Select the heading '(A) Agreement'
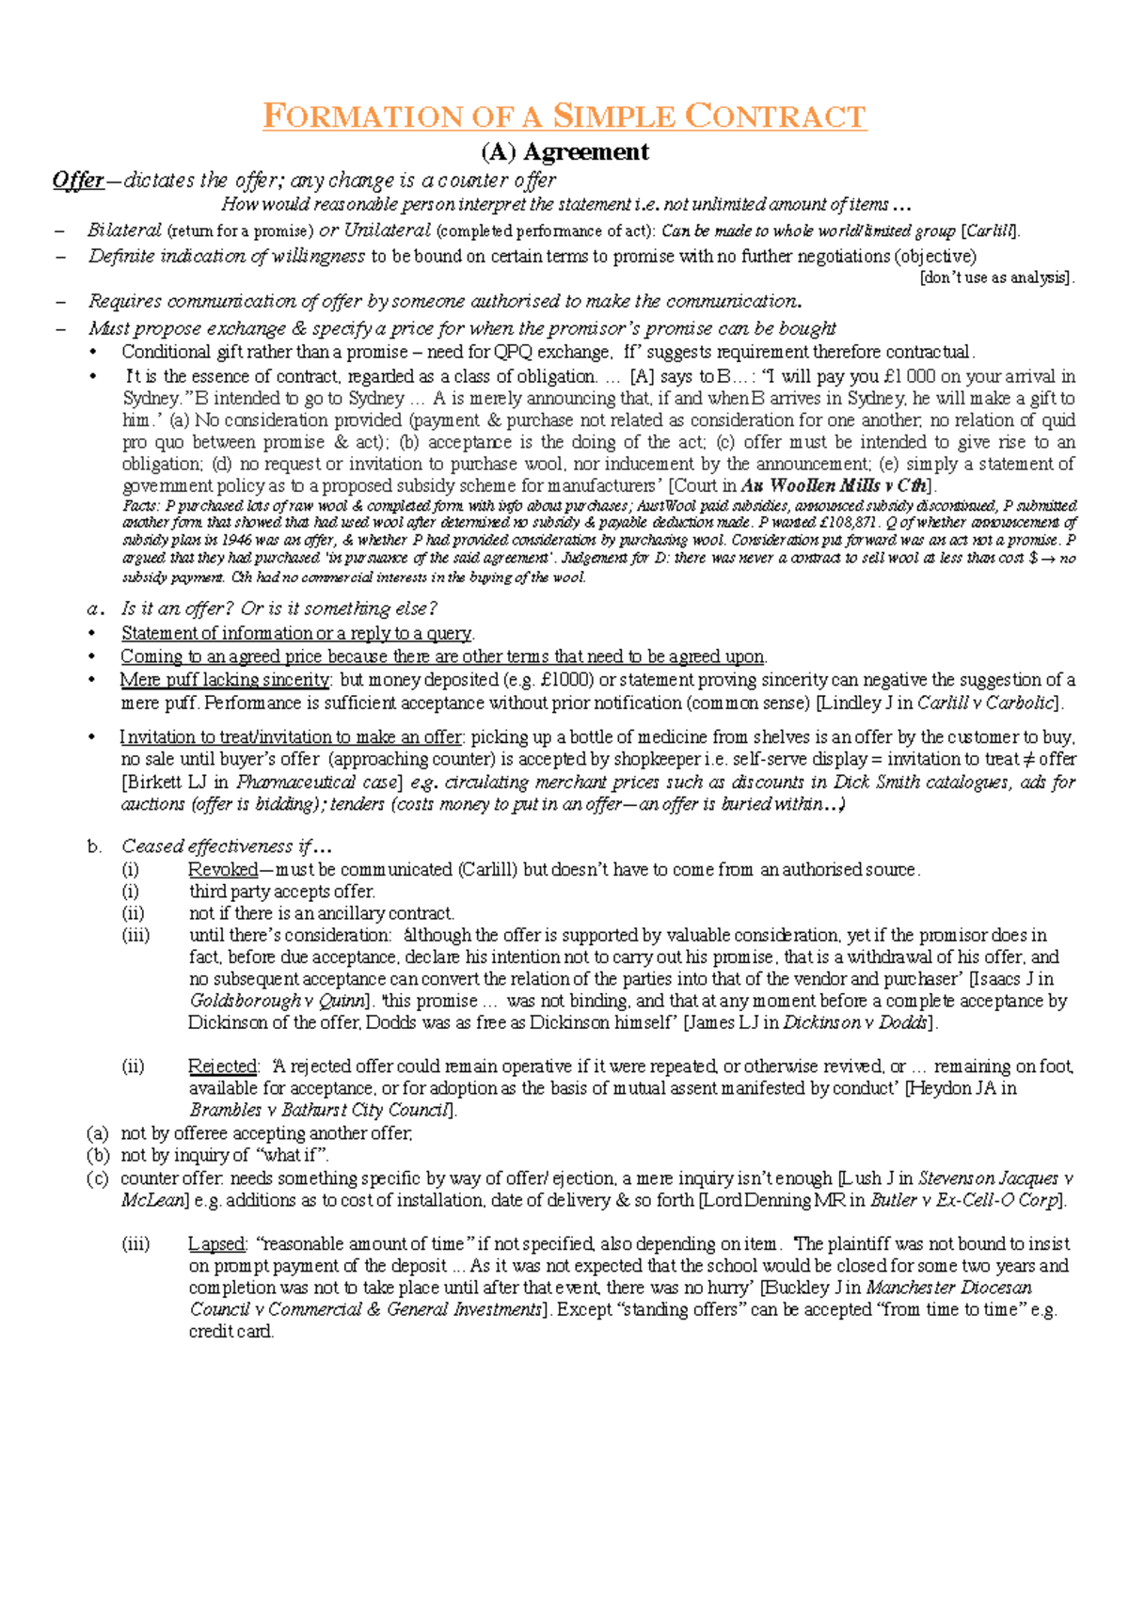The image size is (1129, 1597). coord(564,151)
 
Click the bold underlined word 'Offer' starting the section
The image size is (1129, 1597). coord(78,180)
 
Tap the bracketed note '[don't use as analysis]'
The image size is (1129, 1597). coord(996,277)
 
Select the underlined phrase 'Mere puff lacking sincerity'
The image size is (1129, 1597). coord(224,680)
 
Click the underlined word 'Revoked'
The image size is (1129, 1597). coord(222,870)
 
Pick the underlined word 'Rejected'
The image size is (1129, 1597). coord(222,1067)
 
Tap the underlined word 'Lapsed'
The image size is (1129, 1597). coord(216,1244)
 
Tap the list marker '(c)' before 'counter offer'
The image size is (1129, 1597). coord(97,1178)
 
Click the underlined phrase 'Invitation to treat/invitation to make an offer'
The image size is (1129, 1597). coord(291,737)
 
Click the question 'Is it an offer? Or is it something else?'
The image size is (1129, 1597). coord(279,609)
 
